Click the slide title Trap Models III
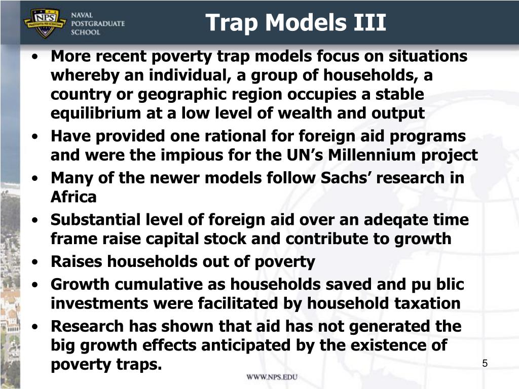coord(296,23)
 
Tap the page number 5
coord(485,363)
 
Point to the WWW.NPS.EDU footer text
coord(272,377)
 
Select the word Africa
coord(73,197)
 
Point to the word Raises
coord(75,262)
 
